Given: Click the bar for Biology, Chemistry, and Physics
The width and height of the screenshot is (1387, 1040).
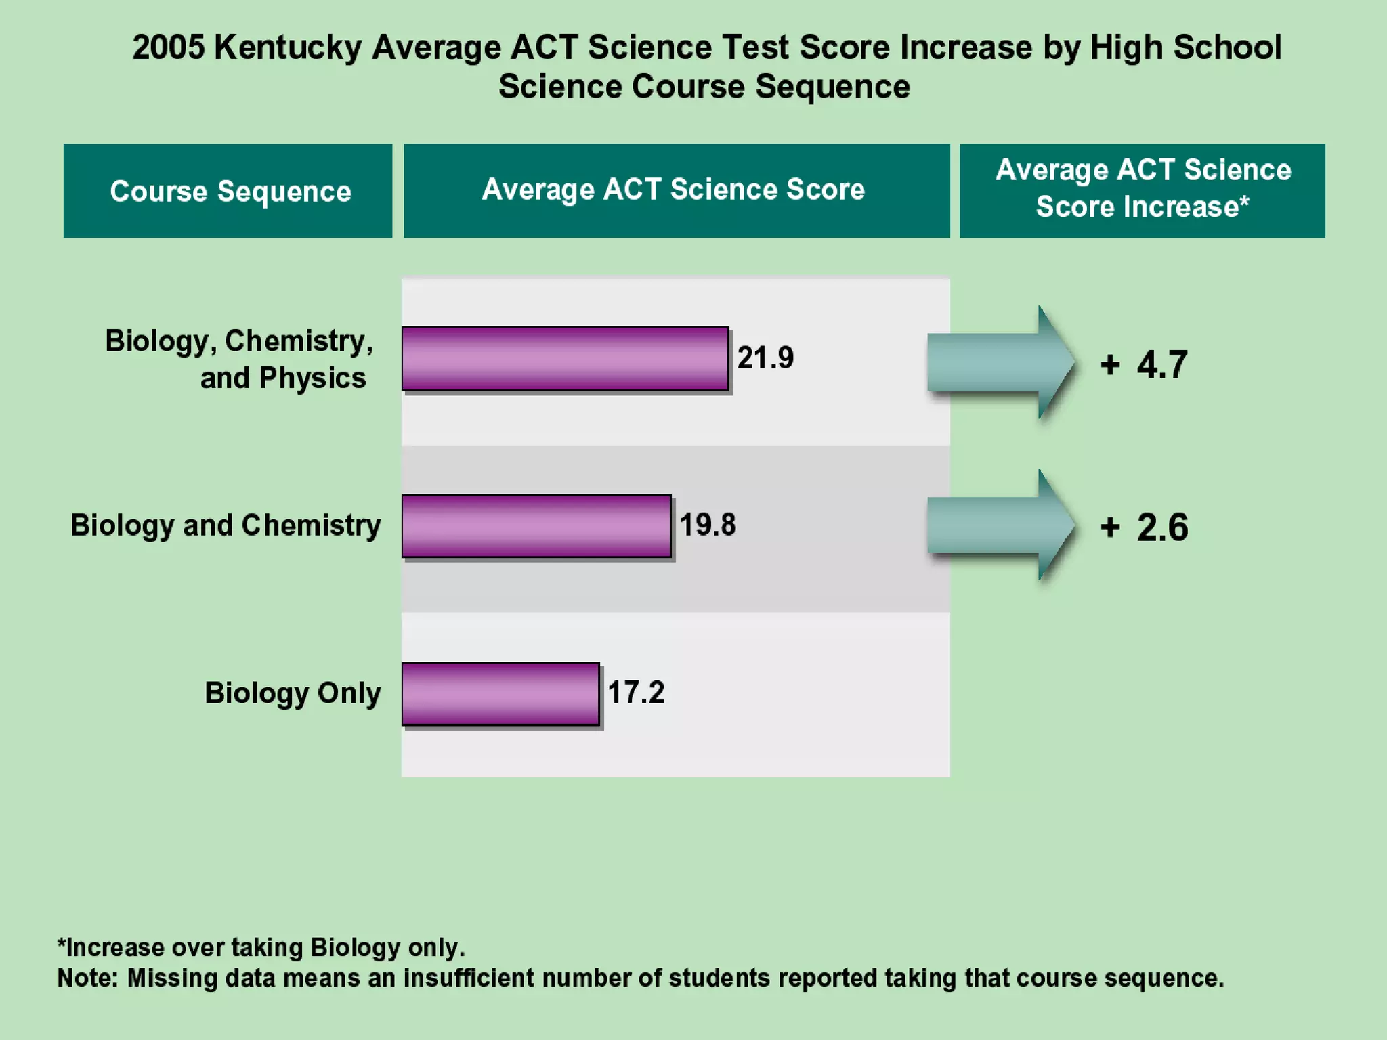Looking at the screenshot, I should (x=565, y=358).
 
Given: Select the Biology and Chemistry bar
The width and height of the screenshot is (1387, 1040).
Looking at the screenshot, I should (x=536, y=525).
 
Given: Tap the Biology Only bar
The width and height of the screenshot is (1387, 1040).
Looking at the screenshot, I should (x=500, y=693).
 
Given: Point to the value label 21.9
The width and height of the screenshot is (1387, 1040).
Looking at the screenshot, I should (x=765, y=357).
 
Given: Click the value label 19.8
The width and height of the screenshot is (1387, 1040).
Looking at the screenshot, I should (x=708, y=525).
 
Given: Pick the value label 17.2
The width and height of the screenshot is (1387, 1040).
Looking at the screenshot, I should (x=636, y=692).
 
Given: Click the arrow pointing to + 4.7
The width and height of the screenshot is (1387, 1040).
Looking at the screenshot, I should (x=1000, y=362).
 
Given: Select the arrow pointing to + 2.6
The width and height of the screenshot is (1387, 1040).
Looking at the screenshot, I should (x=1000, y=525).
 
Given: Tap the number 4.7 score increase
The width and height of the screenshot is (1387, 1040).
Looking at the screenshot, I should (x=1161, y=365).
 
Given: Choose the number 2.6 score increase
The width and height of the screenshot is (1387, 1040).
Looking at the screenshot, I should (x=1161, y=527).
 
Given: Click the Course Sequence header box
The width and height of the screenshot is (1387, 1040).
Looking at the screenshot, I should (x=228, y=191).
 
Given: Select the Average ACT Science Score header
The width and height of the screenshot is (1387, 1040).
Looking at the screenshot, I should (x=677, y=190).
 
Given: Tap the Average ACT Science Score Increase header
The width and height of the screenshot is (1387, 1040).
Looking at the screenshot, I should (x=1142, y=190).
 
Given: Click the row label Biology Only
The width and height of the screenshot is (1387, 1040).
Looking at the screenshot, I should (x=293, y=693).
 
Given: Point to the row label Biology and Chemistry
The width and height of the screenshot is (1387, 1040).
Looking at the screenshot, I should (x=226, y=525).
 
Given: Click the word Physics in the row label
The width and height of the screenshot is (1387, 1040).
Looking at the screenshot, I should (x=312, y=378).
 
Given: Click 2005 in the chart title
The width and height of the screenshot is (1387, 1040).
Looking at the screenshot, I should (x=168, y=48).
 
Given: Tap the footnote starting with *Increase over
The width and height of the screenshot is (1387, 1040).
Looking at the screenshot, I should (x=261, y=947).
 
